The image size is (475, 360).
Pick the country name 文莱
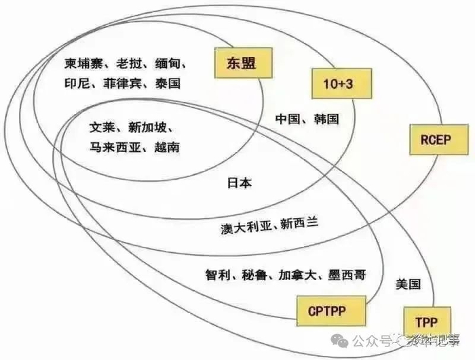coord(102,127)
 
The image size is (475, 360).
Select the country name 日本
coord(239,182)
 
